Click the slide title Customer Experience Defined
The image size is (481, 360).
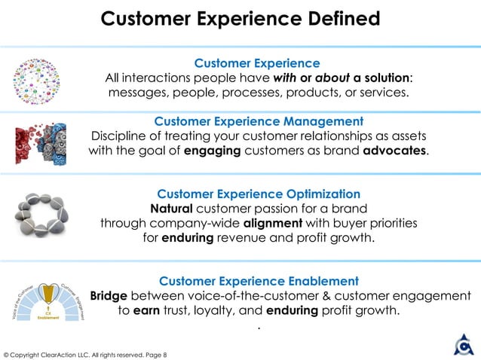tap(240, 17)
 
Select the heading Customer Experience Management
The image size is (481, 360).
tap(259, 121)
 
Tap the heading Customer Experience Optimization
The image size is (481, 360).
tap(259, 194)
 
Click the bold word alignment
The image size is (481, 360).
tap(282, 224)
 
